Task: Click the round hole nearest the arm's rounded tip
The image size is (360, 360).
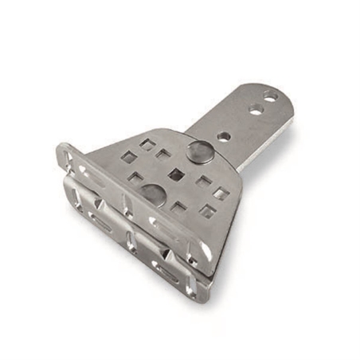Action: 271,97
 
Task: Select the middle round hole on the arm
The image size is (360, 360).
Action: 256,109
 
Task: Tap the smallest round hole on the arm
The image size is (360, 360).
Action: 225,136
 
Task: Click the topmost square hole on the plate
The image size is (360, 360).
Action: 147,144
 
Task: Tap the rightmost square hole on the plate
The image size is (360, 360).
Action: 222,194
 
